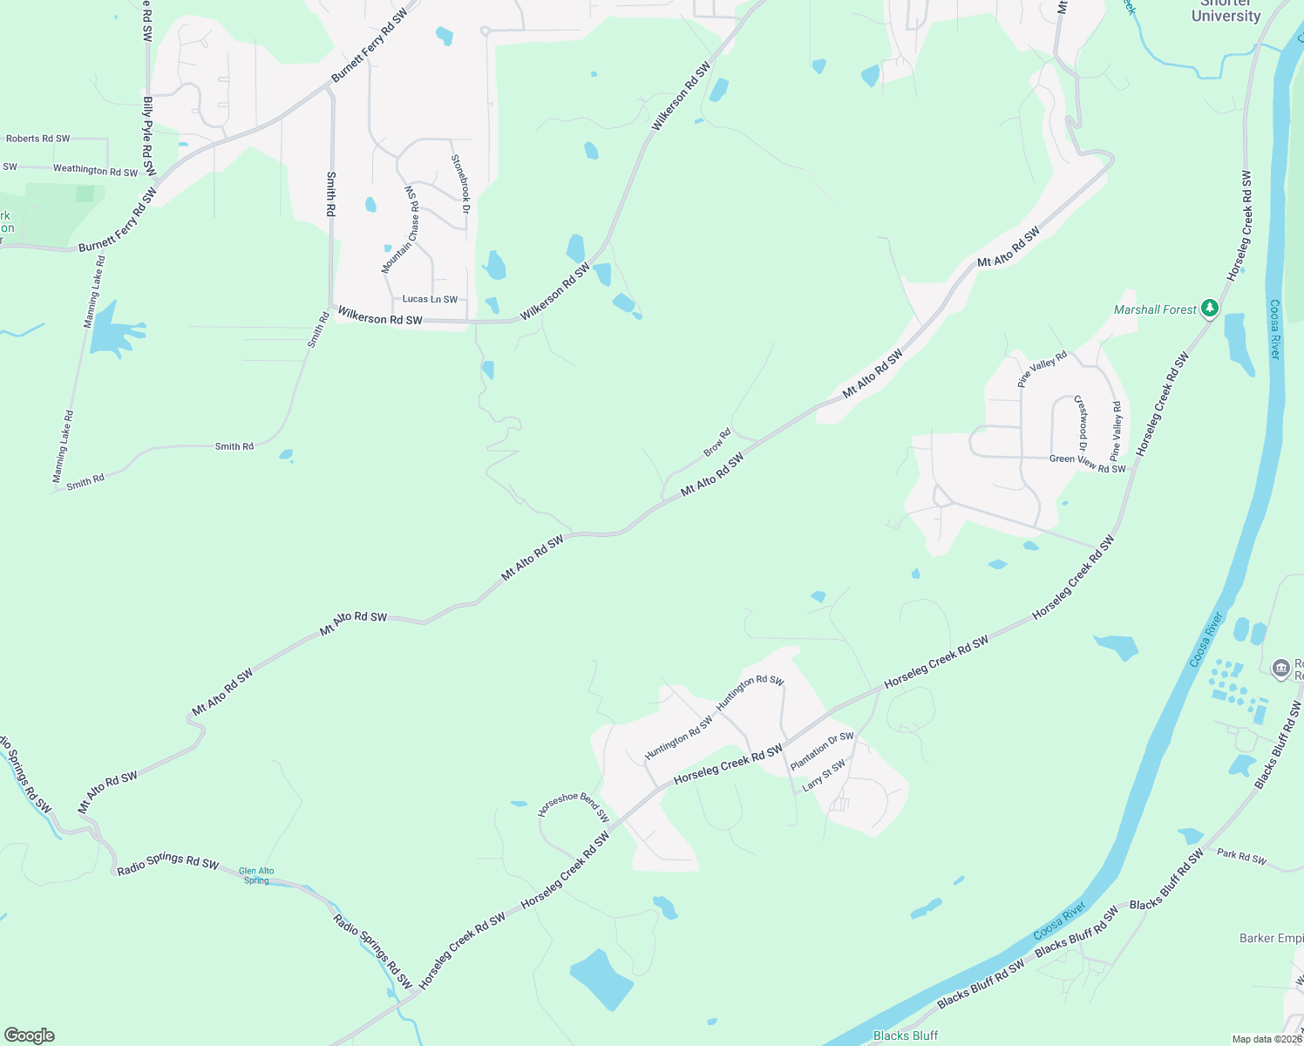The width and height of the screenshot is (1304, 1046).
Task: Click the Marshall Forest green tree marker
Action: click(x=1209, y=309)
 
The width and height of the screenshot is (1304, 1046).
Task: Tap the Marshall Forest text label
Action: click(x=1155, y=309)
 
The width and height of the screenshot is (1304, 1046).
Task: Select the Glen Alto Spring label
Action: click(x=256, y=875)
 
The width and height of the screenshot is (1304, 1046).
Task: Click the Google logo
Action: click(x=29, y=1036)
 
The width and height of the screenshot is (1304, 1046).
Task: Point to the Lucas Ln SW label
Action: click(x=430, y=299)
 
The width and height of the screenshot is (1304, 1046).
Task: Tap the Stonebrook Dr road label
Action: click(x=461, y=184)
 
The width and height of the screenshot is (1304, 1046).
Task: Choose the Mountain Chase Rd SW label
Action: click(x=404, y=229)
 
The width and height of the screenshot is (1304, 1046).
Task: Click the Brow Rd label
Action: click(x=717, y=442)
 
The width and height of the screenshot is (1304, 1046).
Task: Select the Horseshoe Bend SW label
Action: click(x=573, y=807)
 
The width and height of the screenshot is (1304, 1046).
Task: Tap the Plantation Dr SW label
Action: click(x=822, y=751)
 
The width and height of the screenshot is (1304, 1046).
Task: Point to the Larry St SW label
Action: click(x=824, y=775)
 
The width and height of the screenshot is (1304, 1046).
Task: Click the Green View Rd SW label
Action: click(x=1087, y=464)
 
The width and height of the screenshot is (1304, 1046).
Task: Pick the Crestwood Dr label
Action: click(x=1082, y=418)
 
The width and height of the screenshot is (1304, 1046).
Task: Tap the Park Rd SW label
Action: click(x=1241, y=856)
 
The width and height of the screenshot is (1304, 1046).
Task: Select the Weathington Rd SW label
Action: click(x=95, y=170)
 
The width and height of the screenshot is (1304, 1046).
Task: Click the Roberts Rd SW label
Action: click(x=37, y=139)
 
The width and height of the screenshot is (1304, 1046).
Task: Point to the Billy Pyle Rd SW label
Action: click(x=149, y=136)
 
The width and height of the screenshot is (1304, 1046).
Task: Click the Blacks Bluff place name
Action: click(x=905, y=1036)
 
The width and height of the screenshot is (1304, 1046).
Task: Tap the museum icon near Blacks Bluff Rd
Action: click(x=1280, y=669)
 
